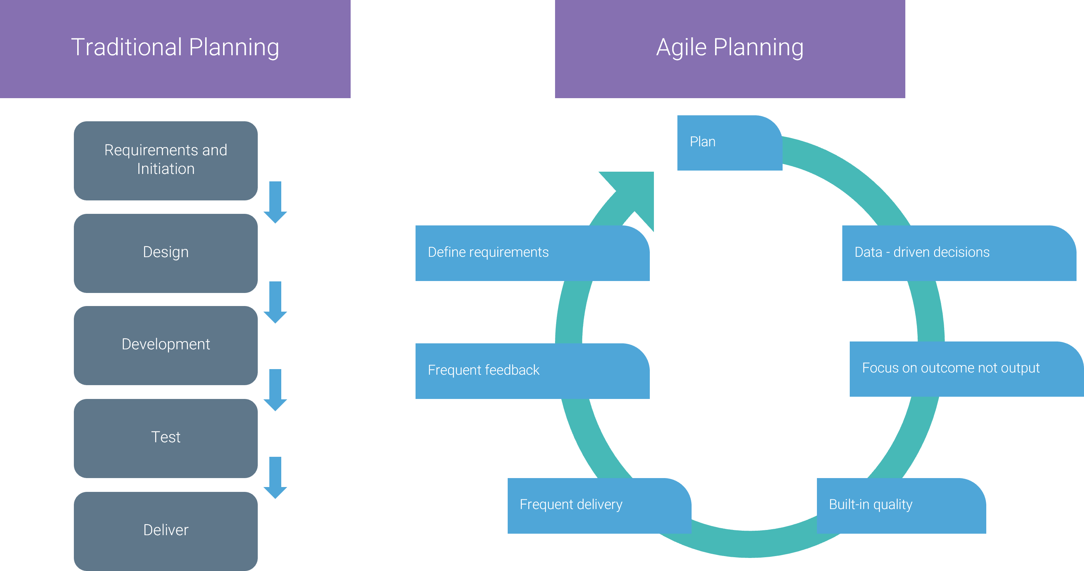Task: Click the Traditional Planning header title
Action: (x=175, y=47)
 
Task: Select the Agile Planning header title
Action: (x=730, y=47)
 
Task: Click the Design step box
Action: (x=166, y=253)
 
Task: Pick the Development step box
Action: (x=166, y=345)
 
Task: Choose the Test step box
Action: (x=166, y=437)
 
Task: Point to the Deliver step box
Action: (x=166, y=531)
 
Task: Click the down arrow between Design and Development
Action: (x=275, y=302)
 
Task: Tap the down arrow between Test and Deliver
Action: (x=275, y=478)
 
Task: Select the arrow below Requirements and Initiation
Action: (x=275, y=202)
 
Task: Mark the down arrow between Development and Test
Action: (x=275, y=390)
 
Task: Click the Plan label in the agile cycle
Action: (x=703, y=142)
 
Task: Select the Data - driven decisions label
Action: (x=922, y=252)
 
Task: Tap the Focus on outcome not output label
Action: (x=950, y=368)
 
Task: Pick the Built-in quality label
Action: (x=870, y=505)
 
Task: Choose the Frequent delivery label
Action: (x=571, y=505)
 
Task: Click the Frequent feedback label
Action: (x=483, y=370)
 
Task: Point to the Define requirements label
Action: (x=488, y=252)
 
